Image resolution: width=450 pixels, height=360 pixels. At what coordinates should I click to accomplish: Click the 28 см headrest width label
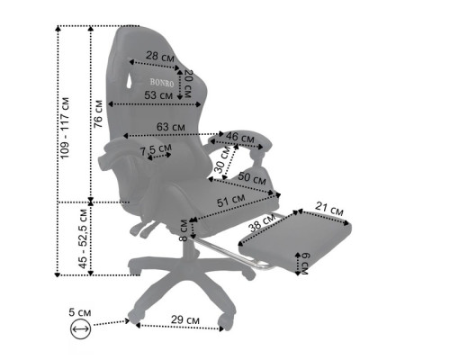click(x=160, y=56)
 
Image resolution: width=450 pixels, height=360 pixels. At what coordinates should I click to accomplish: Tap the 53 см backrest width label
click(x=158, y=95)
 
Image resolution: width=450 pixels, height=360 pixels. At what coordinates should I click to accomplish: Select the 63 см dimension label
click(x=171, y=127)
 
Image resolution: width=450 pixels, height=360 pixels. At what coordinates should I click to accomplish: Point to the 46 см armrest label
click(x=240, y=137)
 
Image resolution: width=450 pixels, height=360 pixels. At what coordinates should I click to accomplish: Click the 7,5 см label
click(x=156, y=149)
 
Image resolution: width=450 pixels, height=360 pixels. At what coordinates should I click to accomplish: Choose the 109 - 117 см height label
click(x=65, y=128)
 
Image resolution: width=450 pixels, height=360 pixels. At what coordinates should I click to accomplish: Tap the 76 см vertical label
click(x=98, y=114)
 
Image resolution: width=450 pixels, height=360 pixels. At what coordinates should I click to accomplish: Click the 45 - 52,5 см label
click(x=83, y=238)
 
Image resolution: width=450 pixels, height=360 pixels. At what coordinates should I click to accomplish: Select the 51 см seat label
click(x=231, y=201)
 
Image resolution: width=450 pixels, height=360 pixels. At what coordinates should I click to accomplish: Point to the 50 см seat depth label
click(x=252, y=178)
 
